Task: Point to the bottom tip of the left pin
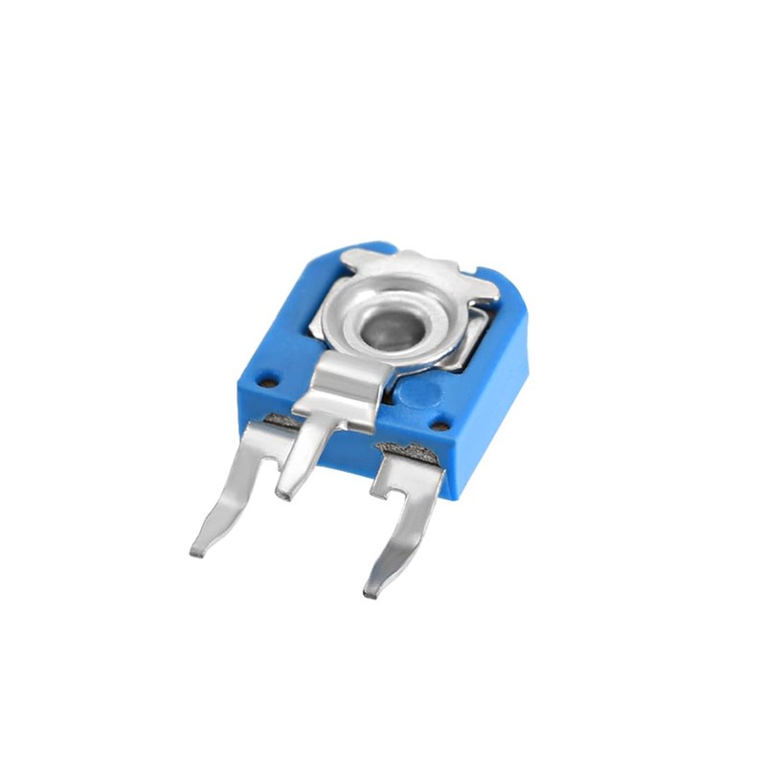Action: (196, 552)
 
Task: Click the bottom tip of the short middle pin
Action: (282, 496)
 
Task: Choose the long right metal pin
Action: (402, 531)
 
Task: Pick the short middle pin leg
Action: (302, 460)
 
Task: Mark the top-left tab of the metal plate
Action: (356, 257)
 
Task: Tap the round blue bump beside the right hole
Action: (418, 391)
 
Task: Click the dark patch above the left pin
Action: (280, 419)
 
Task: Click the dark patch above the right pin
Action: (407, 448)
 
